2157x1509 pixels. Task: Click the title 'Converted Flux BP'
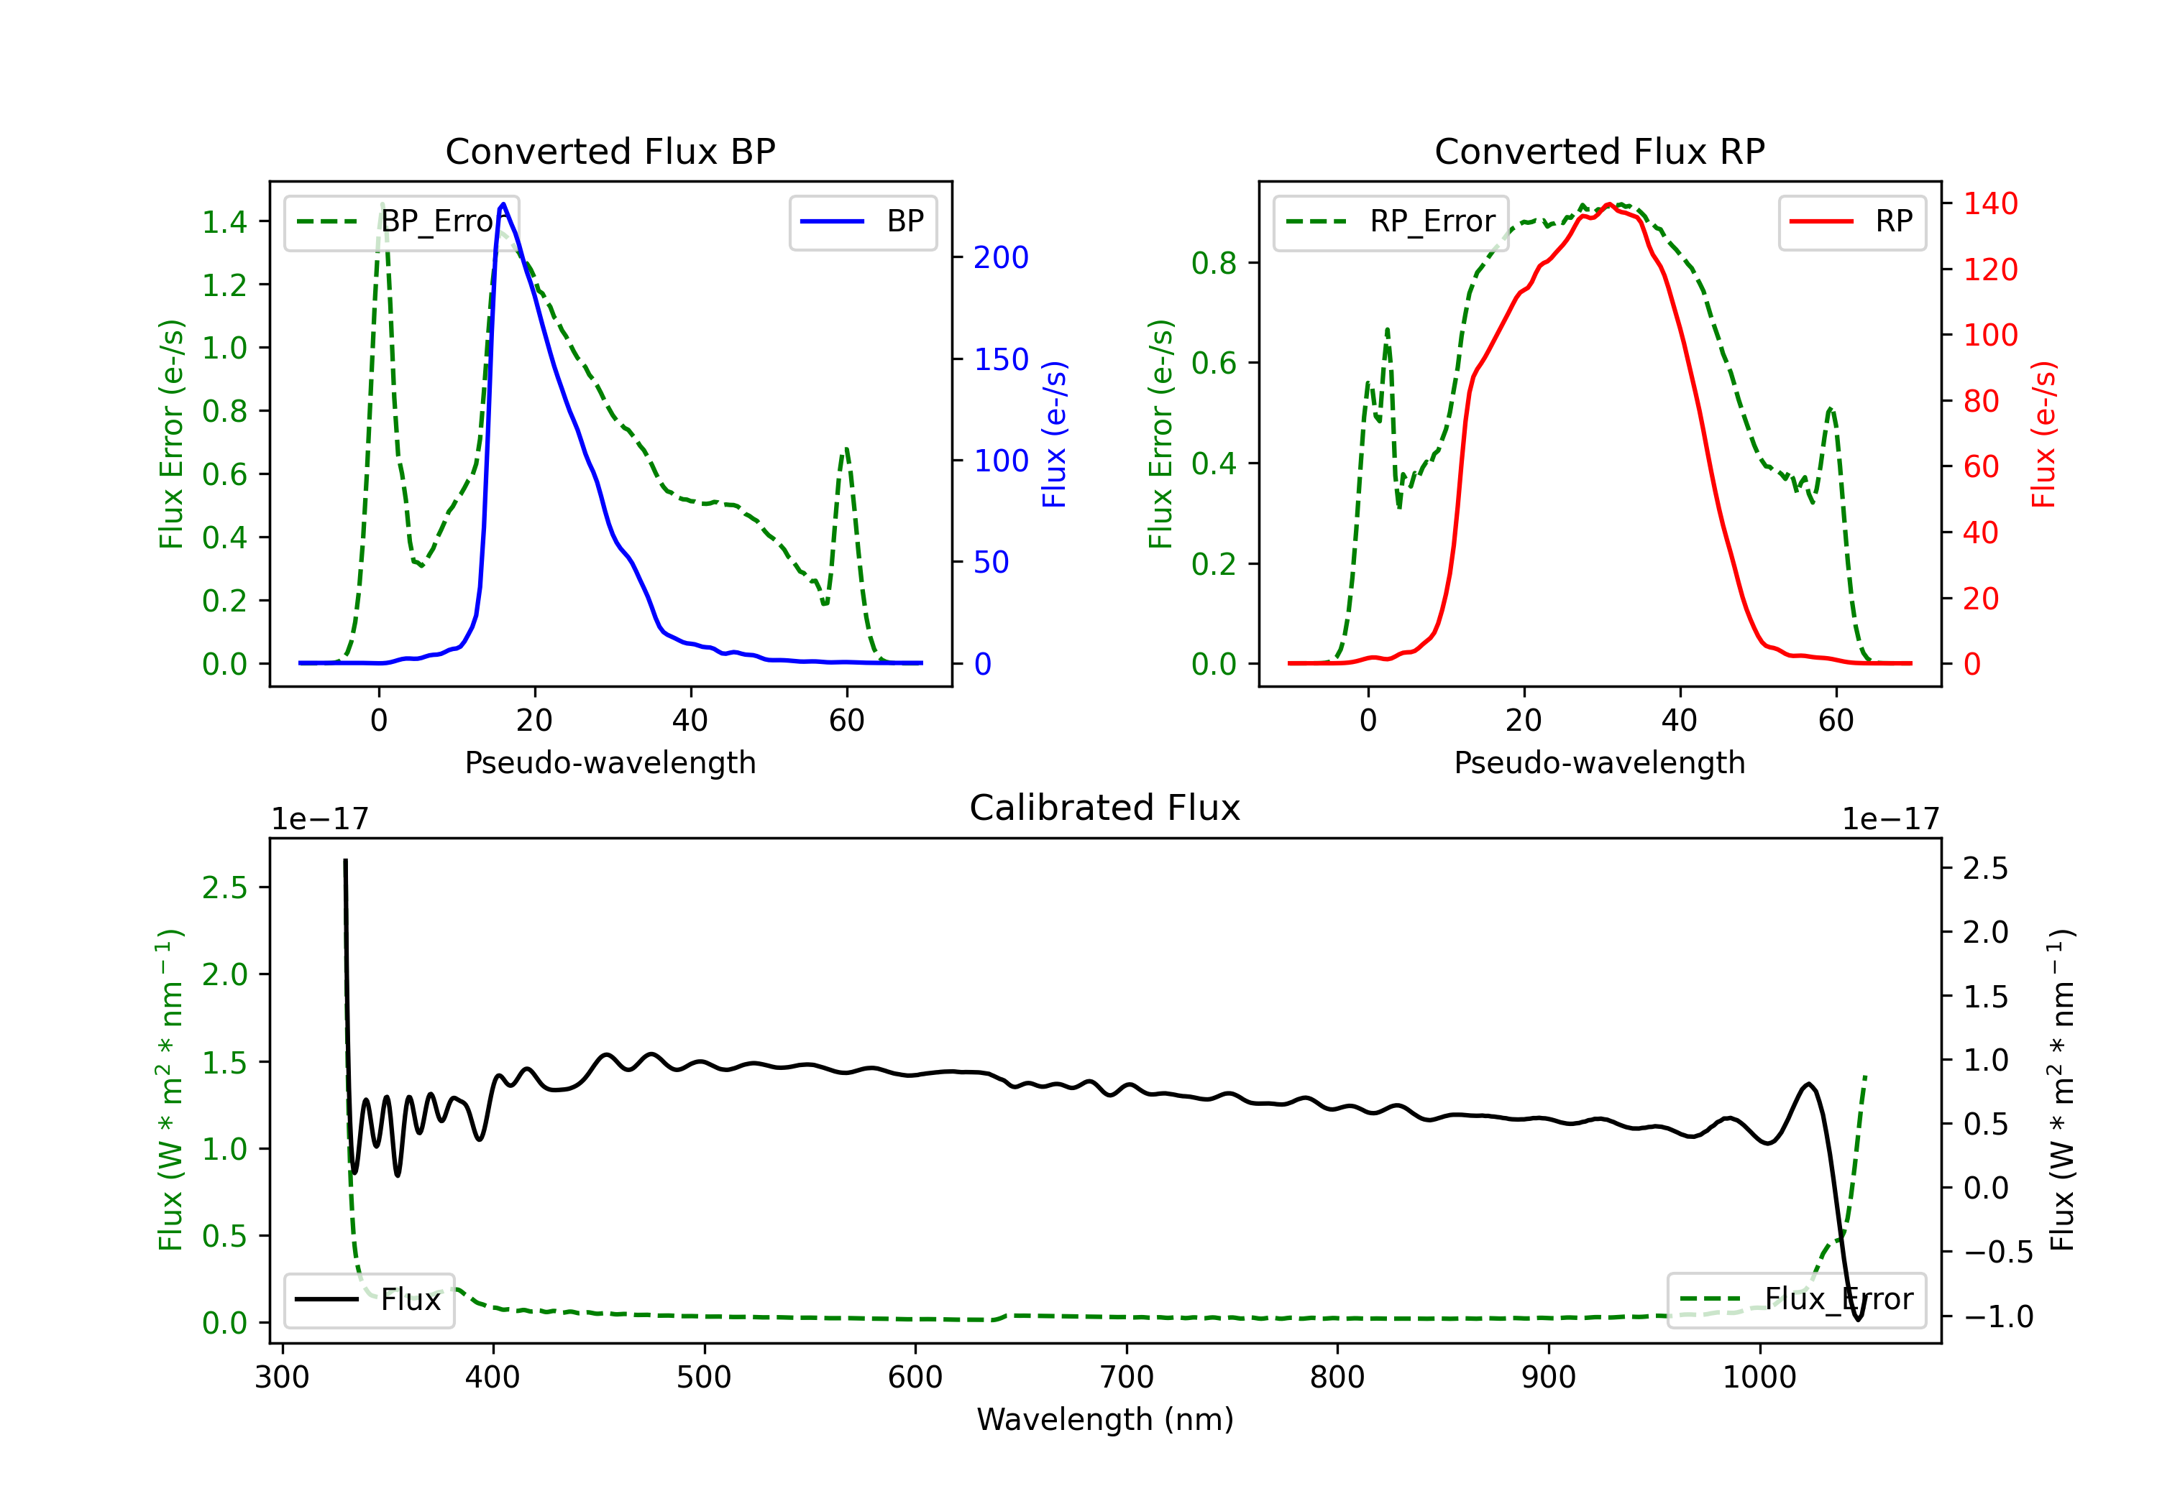[610, 151]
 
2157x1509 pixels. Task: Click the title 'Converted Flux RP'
[1599, 151]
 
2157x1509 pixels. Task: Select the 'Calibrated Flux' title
[1105, 808]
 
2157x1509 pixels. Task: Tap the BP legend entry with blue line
[862, 221]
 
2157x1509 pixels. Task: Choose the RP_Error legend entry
[1391, 221]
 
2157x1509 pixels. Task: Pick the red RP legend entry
[1851, 221]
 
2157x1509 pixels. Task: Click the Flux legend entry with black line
[368, 1300]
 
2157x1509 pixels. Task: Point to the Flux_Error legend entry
[1796, 1300]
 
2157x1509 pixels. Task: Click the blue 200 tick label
[1001, 257]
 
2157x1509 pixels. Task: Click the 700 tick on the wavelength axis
[1127, 1378]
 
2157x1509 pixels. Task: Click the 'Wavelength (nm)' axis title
[1105, 1419]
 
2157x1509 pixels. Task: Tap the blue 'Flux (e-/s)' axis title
[1054, 435]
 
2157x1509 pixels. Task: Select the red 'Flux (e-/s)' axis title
[2044, 435]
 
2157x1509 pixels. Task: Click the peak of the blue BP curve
[503, 204]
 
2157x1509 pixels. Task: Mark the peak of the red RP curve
[1609, 204]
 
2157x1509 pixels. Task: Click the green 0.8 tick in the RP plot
[1214, 263]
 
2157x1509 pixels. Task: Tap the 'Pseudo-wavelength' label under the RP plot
[1599, 762]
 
